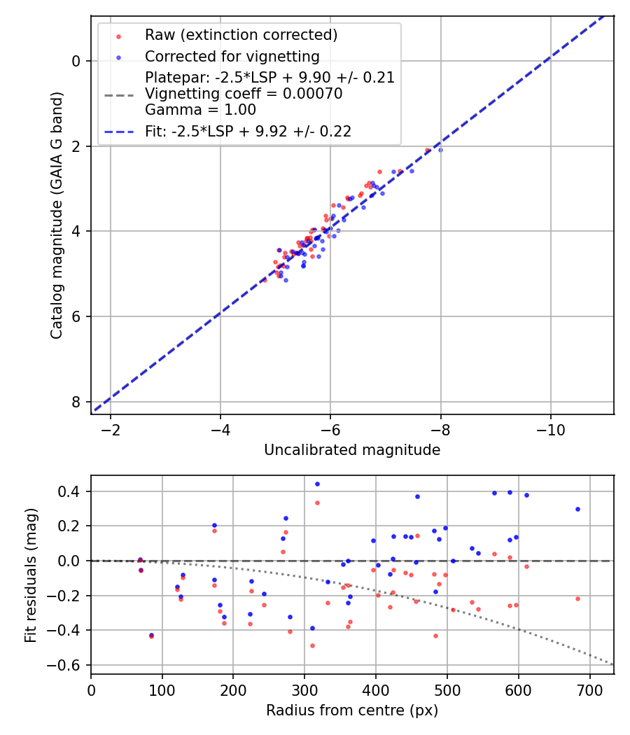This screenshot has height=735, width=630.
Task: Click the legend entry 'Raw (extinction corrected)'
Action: pyautogui.click(x=241, y=34)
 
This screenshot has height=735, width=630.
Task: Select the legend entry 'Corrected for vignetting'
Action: pyautogui.click(x=232, y=56)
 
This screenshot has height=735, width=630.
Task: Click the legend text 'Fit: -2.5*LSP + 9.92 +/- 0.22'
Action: pyautogui.click(x=248, y=131)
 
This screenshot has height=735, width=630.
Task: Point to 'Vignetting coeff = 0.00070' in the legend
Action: pyautogui.click(x=244, y=94)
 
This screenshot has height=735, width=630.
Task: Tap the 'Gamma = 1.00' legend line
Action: pyautogui.click(x=200, y=110)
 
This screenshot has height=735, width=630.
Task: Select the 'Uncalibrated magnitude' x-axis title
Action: pyautogui.click(x=352, y=450)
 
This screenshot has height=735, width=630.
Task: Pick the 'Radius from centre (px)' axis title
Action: pyautogui.click(x=352, y=710)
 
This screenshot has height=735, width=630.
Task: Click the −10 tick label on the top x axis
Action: pyautogui.click(x=550, y=428)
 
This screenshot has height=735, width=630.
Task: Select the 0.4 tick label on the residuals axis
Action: pyautogui.click(x=73, y=491)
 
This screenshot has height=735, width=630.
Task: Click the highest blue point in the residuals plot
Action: pyautogui.click(x=317, y=484)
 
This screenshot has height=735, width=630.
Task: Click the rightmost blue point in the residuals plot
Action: pyautogui.click(x=577, y=509)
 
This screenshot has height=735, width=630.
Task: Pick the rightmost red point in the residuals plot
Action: pyautogui.click(x=577, y=598)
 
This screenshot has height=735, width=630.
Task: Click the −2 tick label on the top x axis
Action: pyautogui.click(x=110, y=428)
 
